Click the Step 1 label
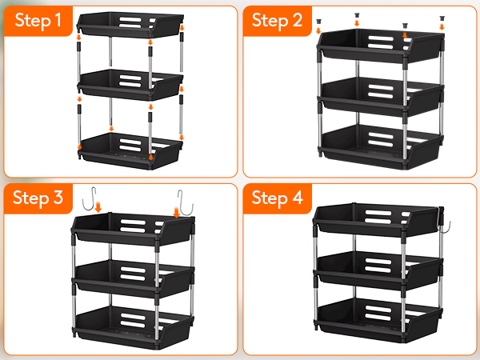point(38,21)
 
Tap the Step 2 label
point(277,21)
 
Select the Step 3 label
point(38,198)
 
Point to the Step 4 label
point(277,198)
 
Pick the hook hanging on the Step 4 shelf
point(443,222)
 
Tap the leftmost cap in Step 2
point(318,21)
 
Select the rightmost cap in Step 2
point(442,18)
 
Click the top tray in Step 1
point(130,25)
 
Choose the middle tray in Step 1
point(130,85)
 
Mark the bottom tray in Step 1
point(130,150)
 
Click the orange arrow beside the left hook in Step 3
point(98,206)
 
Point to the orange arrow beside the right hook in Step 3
point(177,212)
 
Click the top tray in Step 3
point(133,229)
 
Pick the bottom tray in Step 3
point(133,326)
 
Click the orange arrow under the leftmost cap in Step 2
point(318,30)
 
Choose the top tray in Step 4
point(378,219)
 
